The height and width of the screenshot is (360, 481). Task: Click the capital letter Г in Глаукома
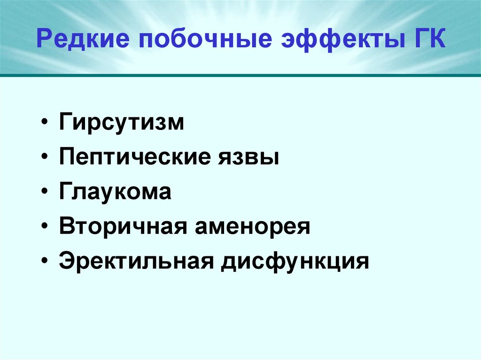pyautogui.click(x=65, y=192)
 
